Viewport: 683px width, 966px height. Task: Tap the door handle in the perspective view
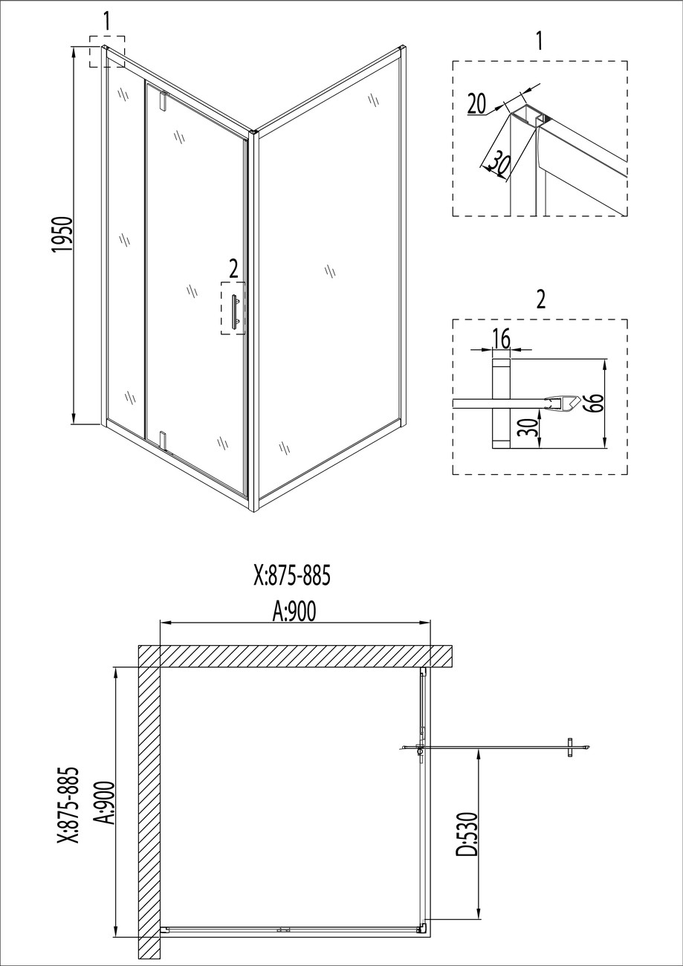[x=235, y=313]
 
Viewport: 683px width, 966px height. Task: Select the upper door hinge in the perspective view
[x=163, y=100]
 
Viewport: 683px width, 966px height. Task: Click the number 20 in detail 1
[x=476, y=103]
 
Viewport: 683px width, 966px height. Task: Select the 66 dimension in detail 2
[x=595, y=403]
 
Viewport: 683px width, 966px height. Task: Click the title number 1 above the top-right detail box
[x=539, y=42]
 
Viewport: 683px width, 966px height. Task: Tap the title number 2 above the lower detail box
[x=541, y=299]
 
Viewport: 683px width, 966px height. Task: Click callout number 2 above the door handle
[x=233, y=270]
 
